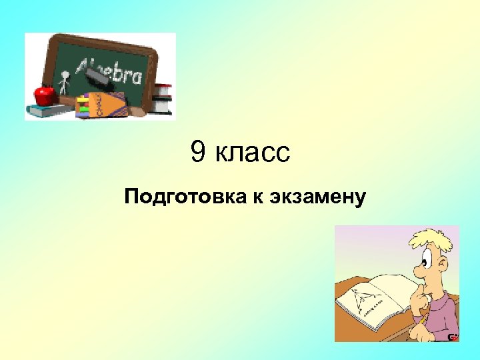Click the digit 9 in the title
[198, 153]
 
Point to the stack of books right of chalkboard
[162, 99]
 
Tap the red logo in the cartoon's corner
[453, 337]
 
